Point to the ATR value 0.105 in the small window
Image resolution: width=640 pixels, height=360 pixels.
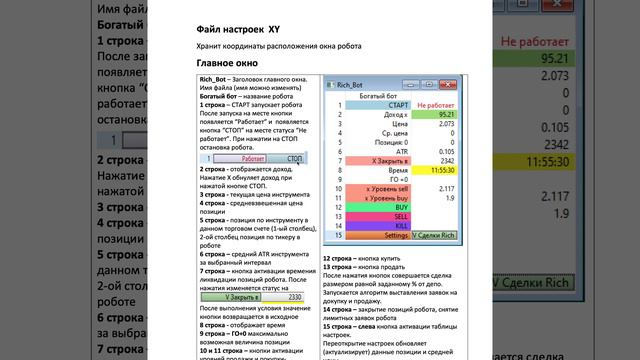(444, 152)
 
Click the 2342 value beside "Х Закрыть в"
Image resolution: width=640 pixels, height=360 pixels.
(446, 161)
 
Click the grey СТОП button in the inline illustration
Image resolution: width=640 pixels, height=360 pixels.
(295, 158)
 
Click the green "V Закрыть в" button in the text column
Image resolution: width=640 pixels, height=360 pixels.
(241, 297)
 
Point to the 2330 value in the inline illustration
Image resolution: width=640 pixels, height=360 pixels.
(293, 297)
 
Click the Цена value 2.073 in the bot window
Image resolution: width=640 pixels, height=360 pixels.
(444, 124)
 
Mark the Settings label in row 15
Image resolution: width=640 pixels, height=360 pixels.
(391, 235)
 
